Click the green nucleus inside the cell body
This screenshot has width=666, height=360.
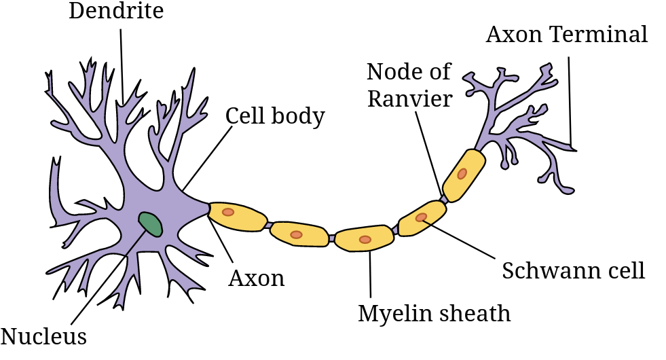point(151,223)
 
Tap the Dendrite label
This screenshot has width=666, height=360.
point(117,11)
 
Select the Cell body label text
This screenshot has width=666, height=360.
point(275,115)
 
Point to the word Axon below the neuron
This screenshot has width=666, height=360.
point(256,277)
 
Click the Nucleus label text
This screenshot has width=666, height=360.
point(44,336)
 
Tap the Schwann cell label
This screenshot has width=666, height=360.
point(573,270)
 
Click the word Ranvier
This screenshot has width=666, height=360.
point(409,98)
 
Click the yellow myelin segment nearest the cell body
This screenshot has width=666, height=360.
point(236,216)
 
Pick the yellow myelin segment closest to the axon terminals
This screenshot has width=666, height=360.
point(464,176)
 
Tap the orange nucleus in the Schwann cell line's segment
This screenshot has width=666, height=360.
point(422,217)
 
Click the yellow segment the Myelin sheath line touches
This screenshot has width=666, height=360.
point(365,239)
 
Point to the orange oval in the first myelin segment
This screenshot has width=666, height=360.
point(228,212)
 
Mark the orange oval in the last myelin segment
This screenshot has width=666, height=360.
point(462,173)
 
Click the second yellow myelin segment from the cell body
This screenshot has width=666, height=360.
point(299,234)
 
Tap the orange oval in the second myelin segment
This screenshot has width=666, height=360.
point(296,234)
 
